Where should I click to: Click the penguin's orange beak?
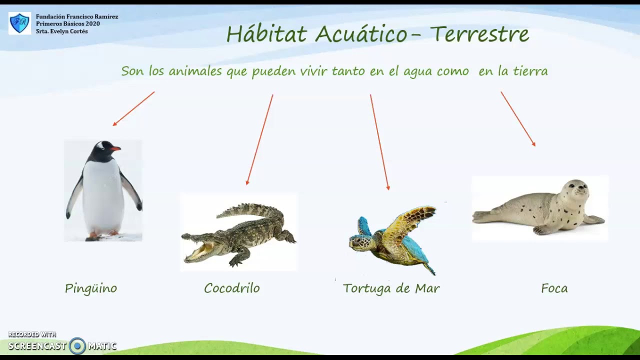coord(115,148)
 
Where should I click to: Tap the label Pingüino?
coord(91,288)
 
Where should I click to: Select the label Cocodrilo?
coord(232,288)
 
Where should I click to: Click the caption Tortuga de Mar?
coord(391,288)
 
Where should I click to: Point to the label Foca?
coord(554,288)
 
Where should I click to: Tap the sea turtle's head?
coord(360,243)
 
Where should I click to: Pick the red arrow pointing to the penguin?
coord(133,108)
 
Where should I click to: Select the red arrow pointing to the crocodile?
coord(259,139)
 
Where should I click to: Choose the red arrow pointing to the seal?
coord(518,118)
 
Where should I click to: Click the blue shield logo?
coord(19,23)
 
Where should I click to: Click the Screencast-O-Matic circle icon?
coord(77,345)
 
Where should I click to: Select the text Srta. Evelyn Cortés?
coord(61,31)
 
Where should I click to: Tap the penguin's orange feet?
coord(102,234)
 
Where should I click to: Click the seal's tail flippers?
coord(482,216)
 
